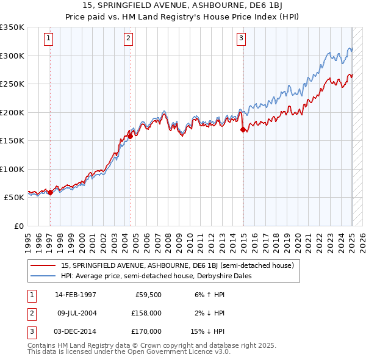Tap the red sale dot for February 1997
point(50,192)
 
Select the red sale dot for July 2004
point(131,136)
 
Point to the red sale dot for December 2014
point(243,129)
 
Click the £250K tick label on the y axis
point(12,84)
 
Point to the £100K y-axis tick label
point(12,169)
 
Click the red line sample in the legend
point(43,265)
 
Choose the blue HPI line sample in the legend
point(43,276)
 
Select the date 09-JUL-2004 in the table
point(76,313)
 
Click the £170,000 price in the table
point(147,331)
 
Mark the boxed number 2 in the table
point(31,313)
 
